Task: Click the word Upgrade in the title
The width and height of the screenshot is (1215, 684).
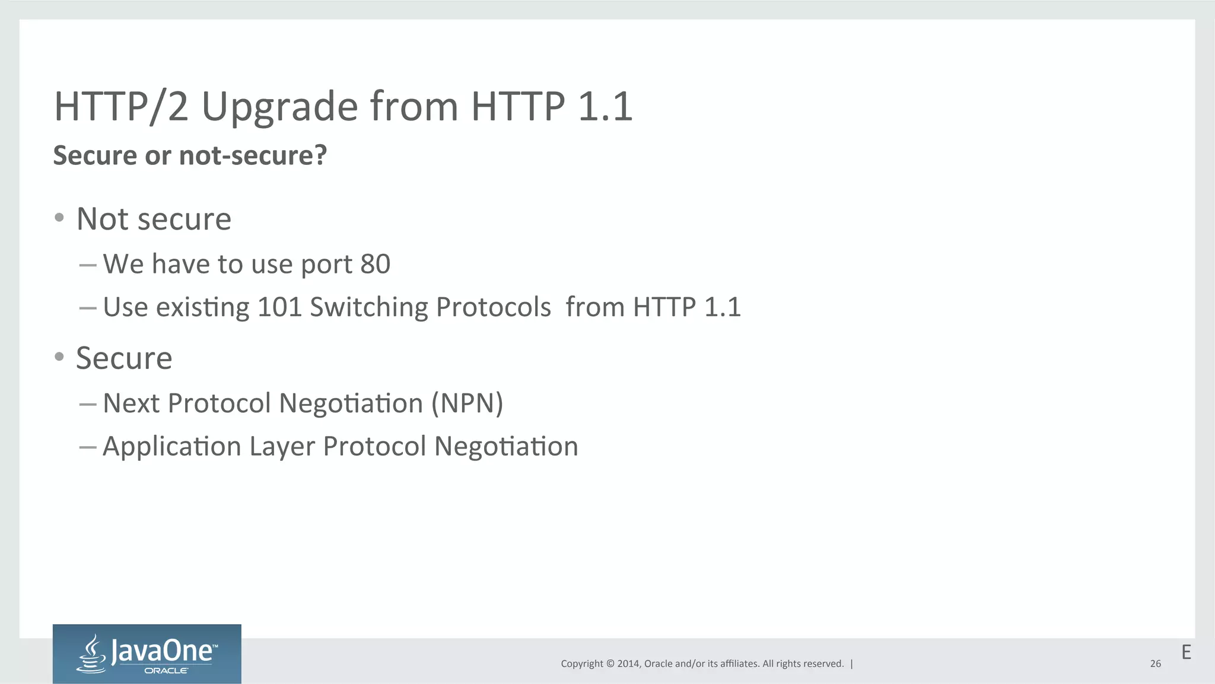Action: pyautogui.click(x=279, y=107)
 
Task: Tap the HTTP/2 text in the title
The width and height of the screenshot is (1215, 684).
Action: pyautogui.click(x=121, y=107)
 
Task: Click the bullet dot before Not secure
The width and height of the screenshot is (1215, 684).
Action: pyautogui.click(x=59, y=218)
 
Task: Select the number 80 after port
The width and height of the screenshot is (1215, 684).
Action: pyautogui.click(x=375, y=264)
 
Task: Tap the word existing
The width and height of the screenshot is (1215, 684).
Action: pyautogui.click(x=202, y=307)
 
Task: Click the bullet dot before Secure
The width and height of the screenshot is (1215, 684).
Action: pyautogui.click(x=59, y=357)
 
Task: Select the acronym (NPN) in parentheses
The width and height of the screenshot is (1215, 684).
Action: pyautogui.click(x=467, y=403)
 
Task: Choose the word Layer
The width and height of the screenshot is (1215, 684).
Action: pyautogui.click(x=282, y=447)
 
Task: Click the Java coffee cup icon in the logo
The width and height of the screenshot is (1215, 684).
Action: pyautogui.click(x=92, y=653)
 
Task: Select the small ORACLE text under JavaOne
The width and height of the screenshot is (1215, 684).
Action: pyautogui.click(x=167, y=671)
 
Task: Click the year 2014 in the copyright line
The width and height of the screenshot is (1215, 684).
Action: pyautogui.click(x=628, y=664)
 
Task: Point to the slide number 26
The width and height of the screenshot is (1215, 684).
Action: pyautogui.click(x=1155, y=664)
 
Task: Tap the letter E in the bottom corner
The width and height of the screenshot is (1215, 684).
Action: pyautogui.click(x=1186, y=653)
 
